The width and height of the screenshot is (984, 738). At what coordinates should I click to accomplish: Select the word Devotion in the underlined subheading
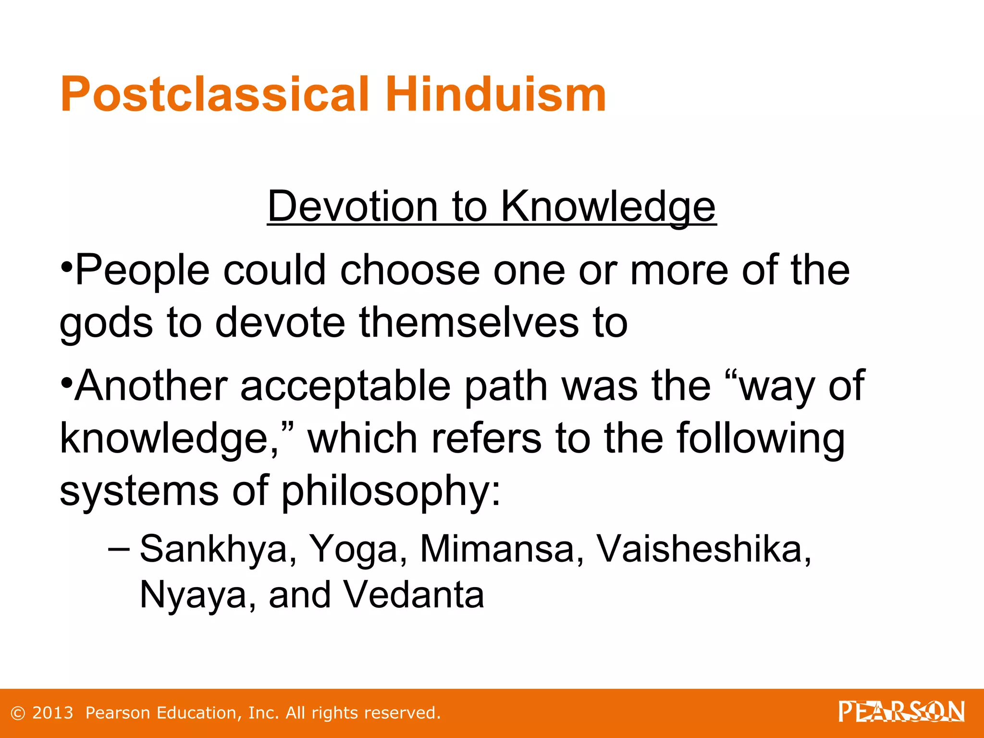(352, 206)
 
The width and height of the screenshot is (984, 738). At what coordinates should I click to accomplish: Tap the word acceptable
(345, 386)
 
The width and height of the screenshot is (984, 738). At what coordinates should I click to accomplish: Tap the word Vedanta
(414, 595)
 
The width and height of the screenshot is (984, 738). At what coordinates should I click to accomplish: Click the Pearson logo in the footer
(901, 712)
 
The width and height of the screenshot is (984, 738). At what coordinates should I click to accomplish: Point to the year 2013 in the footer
(52, 713)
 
